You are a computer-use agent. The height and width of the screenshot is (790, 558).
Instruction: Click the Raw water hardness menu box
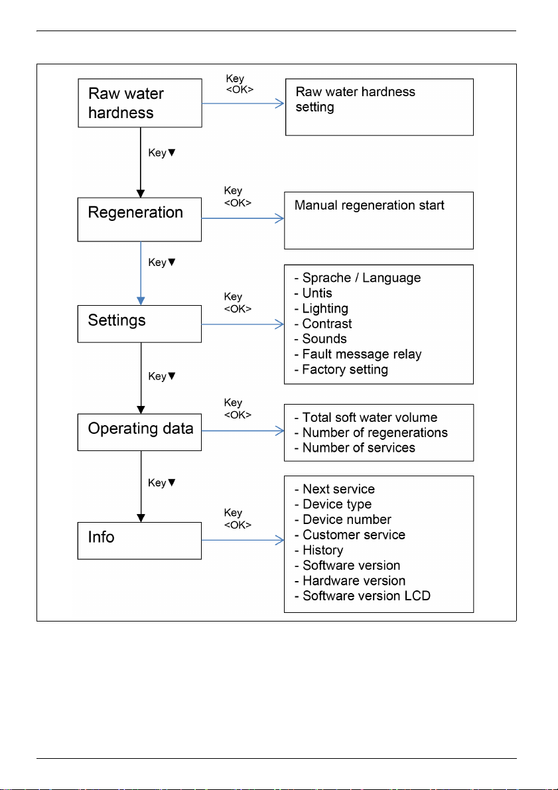139,103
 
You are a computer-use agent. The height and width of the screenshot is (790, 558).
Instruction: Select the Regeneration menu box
139,219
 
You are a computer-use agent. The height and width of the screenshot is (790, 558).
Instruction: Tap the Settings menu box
139,324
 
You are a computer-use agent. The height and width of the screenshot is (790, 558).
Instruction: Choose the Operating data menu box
139,432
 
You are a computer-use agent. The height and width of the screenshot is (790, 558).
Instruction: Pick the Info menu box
139,541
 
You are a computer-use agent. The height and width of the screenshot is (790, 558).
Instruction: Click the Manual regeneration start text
370,206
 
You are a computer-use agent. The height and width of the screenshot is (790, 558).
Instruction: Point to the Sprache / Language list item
358,278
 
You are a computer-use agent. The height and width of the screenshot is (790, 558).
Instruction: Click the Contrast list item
323,324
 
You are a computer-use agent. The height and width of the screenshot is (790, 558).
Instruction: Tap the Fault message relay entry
358,354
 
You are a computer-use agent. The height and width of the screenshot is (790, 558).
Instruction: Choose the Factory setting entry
341,370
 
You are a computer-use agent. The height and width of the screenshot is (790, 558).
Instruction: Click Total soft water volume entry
366,417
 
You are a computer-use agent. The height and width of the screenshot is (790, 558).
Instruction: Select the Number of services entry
355,447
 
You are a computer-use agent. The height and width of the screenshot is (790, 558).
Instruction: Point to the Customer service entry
350,535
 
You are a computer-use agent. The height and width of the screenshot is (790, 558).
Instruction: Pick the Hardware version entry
350,580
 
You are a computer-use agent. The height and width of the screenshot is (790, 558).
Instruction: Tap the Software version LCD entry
362,596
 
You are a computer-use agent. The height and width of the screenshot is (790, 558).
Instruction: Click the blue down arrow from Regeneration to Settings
141,273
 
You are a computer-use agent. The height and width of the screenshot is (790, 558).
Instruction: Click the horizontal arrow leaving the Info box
243,541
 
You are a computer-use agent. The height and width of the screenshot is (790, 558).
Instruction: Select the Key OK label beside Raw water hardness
240,84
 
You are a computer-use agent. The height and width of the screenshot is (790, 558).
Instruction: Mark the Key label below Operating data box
162,483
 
